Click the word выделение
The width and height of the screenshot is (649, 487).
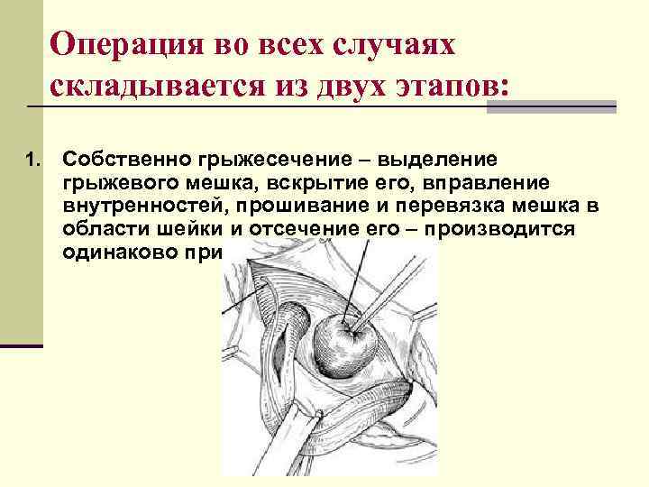coord(434,161)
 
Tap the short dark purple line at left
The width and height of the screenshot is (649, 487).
coord(22,345)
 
